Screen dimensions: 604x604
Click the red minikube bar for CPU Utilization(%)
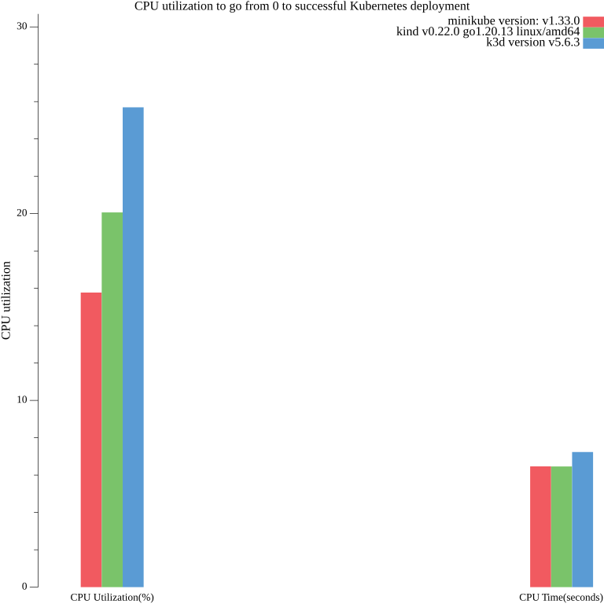click(91, 440)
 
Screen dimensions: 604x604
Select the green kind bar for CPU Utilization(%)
click(112, 400)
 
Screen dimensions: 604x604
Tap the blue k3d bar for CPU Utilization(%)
click(133, 347)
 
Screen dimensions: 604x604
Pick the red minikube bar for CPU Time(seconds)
click(540, 526)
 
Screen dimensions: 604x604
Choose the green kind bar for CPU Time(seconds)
click(562, 526)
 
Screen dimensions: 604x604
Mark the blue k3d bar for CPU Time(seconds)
click(582, 519)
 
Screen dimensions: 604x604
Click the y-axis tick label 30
click(22, 27)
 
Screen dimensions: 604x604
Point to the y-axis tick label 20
click(22, 213)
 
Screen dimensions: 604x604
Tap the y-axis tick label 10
click(22, 400)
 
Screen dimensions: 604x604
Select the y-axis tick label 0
click(24, 587)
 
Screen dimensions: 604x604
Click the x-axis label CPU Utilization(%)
click(112, 597)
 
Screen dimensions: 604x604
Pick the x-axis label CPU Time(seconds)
click(561, 597)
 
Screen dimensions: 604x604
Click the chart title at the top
click(302, 6)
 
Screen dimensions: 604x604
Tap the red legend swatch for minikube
click(593, 21)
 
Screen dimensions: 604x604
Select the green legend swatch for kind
click(593, 32)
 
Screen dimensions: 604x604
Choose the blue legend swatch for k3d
click(593, 43)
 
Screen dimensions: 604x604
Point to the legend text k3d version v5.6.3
click(533, 43)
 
